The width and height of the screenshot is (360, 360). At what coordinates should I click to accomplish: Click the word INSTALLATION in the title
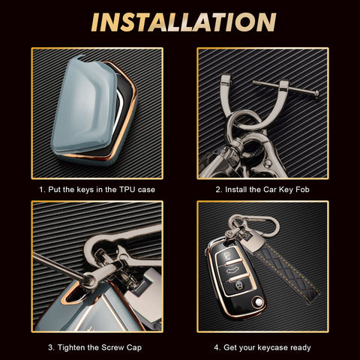[184, 22]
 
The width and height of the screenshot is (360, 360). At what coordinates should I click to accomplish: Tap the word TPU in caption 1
[127, 190]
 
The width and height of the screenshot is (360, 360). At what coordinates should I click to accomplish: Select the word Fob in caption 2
[302, 190]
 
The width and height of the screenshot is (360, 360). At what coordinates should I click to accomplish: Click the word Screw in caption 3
[112, 347]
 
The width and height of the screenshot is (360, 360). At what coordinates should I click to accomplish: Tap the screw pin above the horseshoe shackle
[286, 88]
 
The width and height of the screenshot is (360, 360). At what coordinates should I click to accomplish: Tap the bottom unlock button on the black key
[239, 285]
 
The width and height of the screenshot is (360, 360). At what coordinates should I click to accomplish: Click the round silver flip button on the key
[258, 303]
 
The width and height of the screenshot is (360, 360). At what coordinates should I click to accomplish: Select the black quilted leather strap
[285, 271]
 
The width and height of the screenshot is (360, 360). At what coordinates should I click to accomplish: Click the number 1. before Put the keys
[42, 190]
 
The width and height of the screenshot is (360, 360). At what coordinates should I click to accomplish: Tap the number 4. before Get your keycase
[217, 347]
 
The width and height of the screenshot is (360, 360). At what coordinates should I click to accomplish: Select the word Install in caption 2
[236, 190]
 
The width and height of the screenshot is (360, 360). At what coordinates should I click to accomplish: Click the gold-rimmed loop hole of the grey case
[73, 295]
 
